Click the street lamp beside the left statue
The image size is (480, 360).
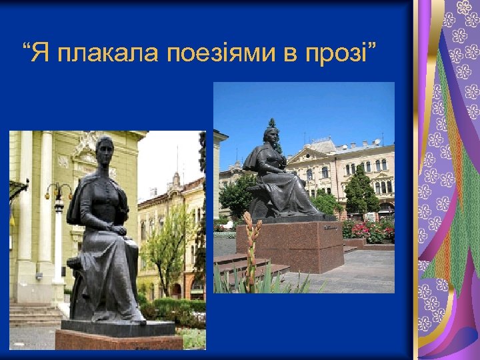pos(58,200)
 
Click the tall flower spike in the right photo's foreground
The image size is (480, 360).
pos(251,247)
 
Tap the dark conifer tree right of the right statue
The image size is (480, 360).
pos(361,190)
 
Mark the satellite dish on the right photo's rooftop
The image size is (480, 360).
pos(378,142)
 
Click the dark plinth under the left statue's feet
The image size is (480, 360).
pos(117,327)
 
